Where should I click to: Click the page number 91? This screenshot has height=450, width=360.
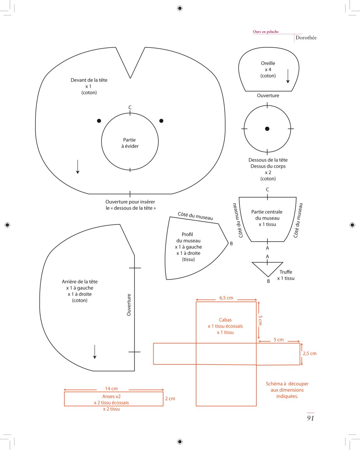310,418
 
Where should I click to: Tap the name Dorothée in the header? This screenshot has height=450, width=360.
306,38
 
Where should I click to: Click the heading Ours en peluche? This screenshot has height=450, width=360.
265,32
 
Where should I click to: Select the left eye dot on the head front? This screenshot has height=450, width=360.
99,121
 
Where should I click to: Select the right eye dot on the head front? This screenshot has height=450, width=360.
161,121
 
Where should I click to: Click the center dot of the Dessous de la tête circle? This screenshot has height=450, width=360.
267,129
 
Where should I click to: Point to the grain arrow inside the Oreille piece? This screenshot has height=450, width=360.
288,76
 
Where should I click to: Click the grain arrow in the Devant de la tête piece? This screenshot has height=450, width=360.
77,167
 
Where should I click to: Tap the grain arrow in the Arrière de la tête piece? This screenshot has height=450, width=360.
94,352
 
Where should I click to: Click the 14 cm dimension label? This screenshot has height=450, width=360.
111,389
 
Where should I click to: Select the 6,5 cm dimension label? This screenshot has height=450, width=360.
226,298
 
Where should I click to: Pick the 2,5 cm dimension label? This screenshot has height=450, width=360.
310,353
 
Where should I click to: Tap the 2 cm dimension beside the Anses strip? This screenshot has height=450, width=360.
170,399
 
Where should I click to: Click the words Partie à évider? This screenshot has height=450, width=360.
130,143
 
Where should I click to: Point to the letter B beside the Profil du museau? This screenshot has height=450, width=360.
231,243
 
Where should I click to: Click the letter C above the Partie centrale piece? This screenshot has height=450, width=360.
267,189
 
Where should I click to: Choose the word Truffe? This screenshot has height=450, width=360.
286,272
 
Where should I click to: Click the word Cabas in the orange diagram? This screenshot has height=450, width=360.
225,320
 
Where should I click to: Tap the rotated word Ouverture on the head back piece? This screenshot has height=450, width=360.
129,305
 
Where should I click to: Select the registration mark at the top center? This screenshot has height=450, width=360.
180,8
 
